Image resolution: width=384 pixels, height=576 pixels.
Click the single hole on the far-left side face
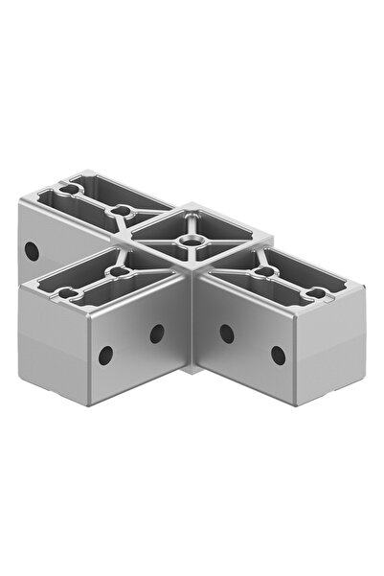[32, 251]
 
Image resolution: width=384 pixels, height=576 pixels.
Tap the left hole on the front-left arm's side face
[106, 354]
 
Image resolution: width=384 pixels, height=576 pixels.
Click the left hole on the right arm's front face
[227, 334]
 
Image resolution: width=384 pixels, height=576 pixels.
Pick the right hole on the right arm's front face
[278, 355]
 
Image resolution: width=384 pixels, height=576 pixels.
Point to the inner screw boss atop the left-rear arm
[120, 209]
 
